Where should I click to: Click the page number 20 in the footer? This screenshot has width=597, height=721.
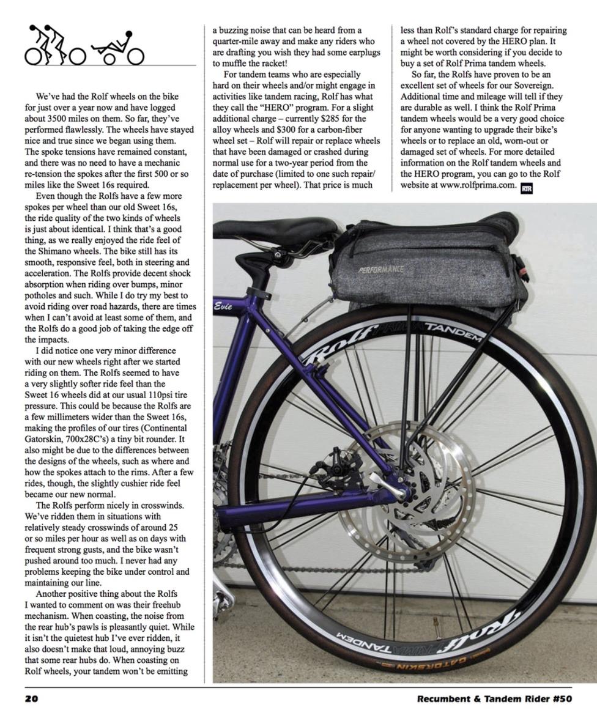pos(31,699)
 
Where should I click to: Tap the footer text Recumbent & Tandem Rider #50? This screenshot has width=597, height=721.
pos(494,699)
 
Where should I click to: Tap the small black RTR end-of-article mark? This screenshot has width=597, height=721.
pos(526,188)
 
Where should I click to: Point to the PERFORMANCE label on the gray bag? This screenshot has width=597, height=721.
pos(381,268)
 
